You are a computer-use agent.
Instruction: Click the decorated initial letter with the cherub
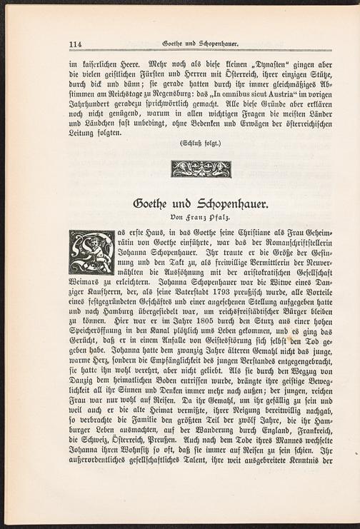coord(91,251)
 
